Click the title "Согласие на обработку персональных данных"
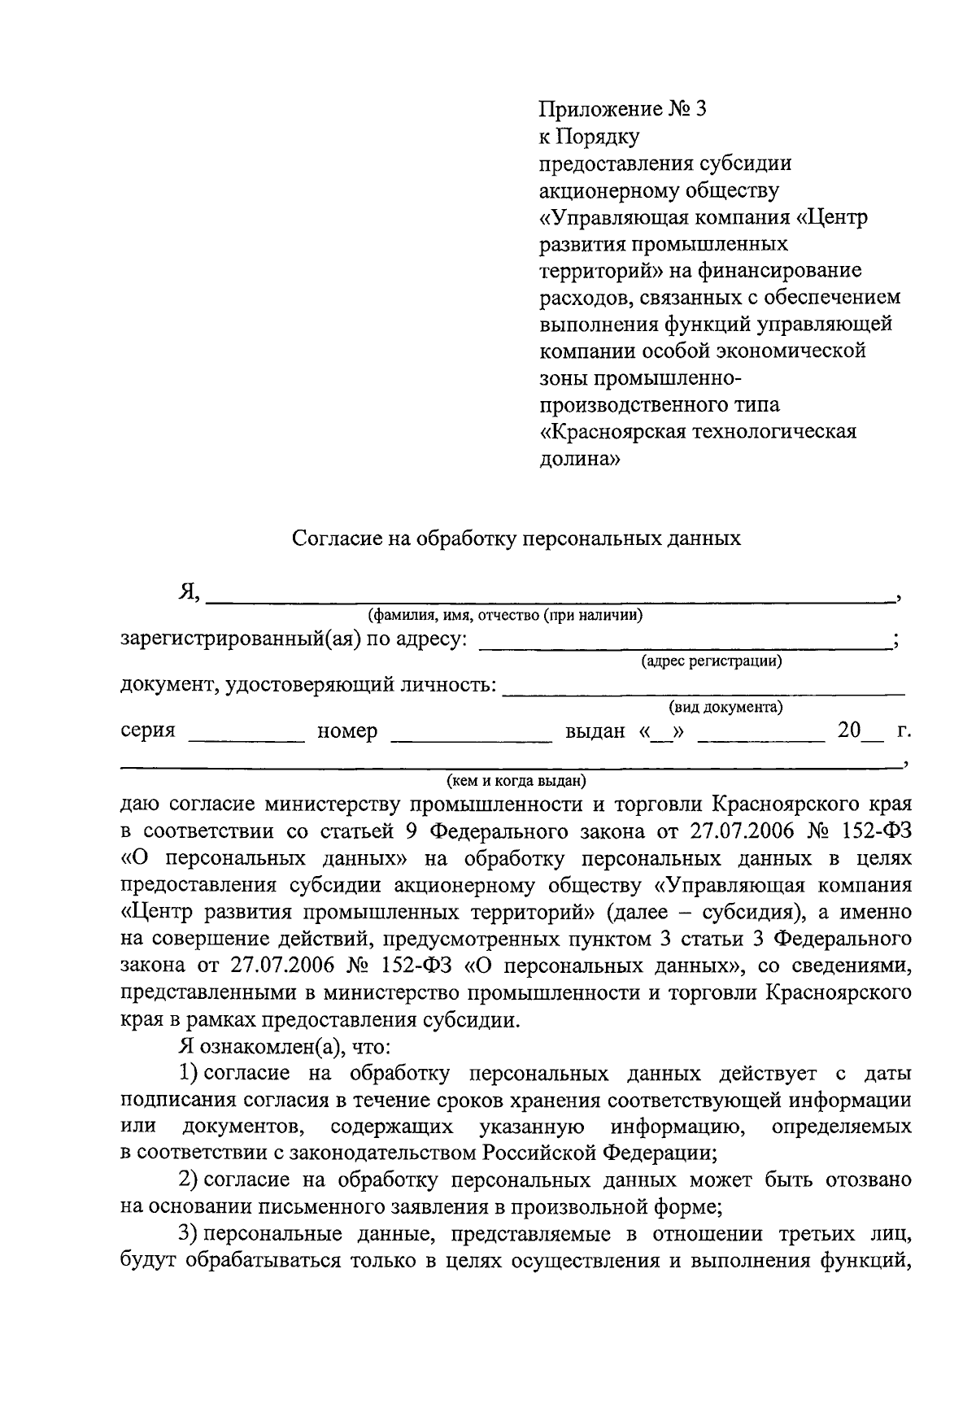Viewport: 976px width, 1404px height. tap(516, 538)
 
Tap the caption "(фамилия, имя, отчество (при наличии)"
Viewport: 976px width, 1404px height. tap(505, 616)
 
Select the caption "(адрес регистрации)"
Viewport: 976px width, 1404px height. tap(712, 661)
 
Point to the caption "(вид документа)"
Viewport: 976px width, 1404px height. tap(725, 708)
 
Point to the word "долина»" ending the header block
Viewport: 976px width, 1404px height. tap(580, 459)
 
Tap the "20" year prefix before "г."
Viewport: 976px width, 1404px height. tap(848, 730)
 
